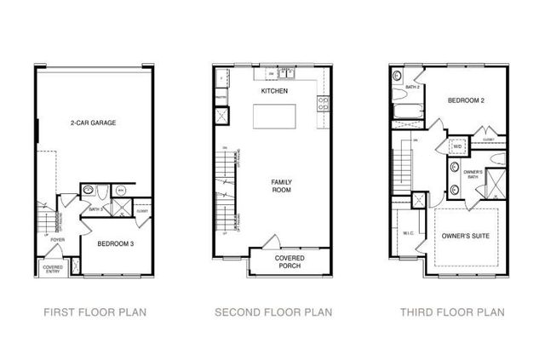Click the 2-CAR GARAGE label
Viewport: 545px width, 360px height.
(x=93, y=123)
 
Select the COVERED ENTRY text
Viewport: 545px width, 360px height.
(x=52, y=269)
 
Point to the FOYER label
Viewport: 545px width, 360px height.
(x=57, y=241)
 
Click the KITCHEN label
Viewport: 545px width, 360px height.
(x=275, y=90)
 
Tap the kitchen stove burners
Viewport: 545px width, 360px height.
(x=324, y=105)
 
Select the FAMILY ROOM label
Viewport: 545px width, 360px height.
(x=283, y=186)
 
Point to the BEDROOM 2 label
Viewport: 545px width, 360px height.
(x=466, y=100)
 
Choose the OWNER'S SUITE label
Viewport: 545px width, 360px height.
(x=463, y=235)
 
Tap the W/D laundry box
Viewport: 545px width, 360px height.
(x=457, y=146)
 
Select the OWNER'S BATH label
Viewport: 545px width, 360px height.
(x=473, y=174)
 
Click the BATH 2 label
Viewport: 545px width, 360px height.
(x=413, y=88)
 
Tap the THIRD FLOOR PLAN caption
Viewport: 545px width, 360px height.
(x=452, y=312)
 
